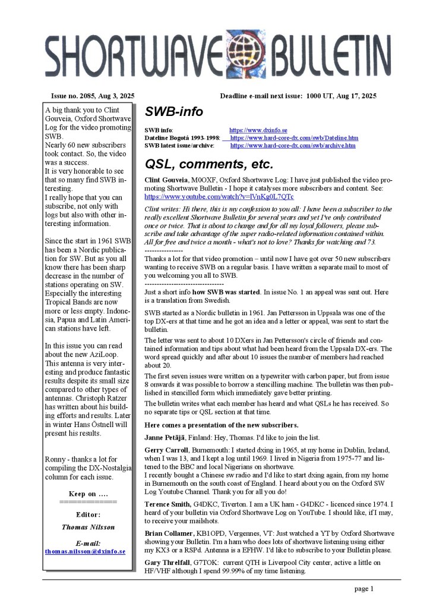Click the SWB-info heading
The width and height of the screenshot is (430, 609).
[173, 111]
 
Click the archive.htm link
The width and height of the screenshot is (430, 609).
[293, 145]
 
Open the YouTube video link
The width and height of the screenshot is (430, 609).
[219, 196]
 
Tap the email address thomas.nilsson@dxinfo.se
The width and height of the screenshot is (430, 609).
[85, 551]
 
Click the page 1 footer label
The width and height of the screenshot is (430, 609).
[364, 589]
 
